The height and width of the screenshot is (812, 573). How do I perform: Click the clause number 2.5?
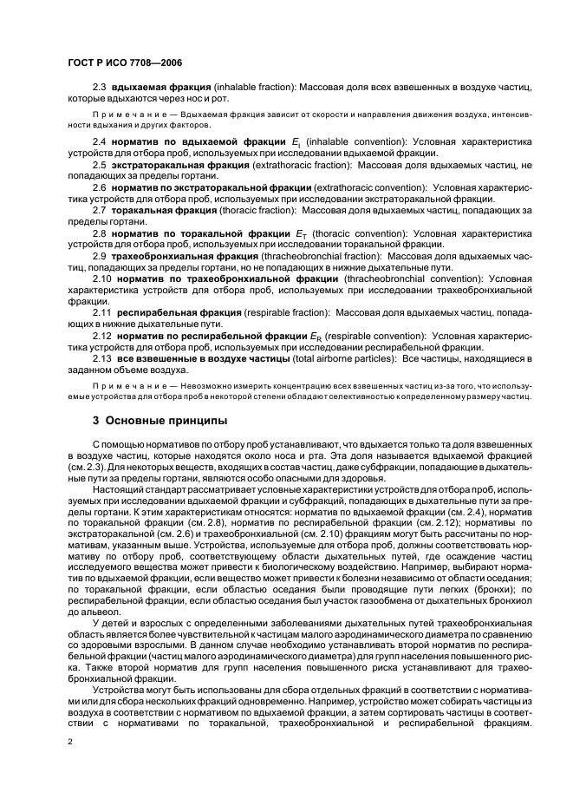pyautogui.click(x=99, y=164)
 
